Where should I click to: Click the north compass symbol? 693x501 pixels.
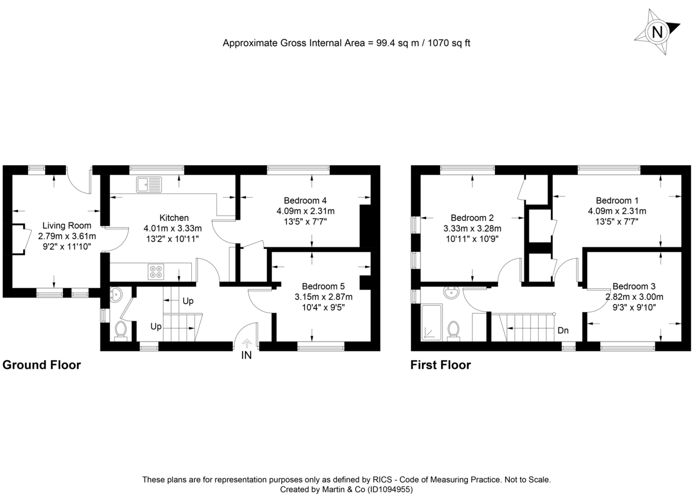pyautogui.click(x=657, y=31)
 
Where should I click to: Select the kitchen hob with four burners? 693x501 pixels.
pyautogui.click(x=156, y=272)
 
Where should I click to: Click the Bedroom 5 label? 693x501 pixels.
pyautogui.click(x=323, y=286)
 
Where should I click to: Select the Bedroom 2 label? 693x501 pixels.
pyautogui.click(x=472, y=218)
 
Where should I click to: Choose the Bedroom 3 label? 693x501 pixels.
pyautogui.click(x=634, y=286)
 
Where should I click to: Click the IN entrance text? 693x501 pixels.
pyautogui.click(x=247, y=355)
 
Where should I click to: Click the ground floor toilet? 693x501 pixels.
pyautogui.click(x=121, y=331)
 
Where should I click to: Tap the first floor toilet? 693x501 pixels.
pyautogui.click(x=454, y=331)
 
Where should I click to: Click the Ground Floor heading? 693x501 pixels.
pyautogui.click(x=42, y=365)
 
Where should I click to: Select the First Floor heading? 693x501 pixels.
pyautogui.click(x=441, y=365)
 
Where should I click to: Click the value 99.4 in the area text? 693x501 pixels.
pyautogui.click(x=378, y=43)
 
